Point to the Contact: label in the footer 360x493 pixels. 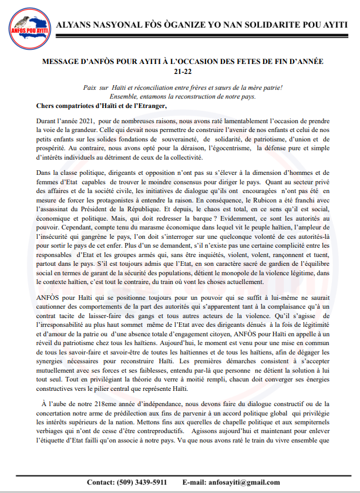[100, 482]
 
